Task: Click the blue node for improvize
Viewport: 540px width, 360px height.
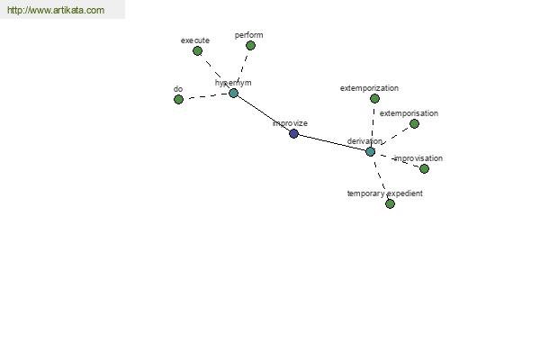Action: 293,134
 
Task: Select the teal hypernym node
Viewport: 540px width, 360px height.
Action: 233,93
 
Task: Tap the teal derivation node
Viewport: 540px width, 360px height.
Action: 370,151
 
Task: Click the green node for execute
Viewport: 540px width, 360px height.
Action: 197,51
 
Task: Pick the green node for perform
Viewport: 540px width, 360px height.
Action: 250,46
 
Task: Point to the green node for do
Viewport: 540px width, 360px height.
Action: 178,100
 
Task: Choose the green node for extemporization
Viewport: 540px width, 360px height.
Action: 374,99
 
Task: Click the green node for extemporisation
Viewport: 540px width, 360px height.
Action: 414,123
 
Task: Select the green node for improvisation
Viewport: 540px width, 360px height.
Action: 424,168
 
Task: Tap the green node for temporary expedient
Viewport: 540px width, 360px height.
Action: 390,204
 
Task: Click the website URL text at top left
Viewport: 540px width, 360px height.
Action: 56,10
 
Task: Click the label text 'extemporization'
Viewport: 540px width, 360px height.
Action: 369,88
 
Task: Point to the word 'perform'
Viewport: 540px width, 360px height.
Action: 249,35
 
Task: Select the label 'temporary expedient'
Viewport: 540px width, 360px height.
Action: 384,193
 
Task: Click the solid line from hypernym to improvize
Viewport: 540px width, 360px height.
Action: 264,113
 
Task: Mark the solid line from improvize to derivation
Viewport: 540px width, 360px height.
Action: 332,142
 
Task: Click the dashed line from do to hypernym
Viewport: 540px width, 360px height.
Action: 206,96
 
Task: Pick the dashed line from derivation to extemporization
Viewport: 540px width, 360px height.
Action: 373,125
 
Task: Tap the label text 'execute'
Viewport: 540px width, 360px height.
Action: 195,40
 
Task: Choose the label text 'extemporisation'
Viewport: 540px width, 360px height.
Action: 409,113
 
